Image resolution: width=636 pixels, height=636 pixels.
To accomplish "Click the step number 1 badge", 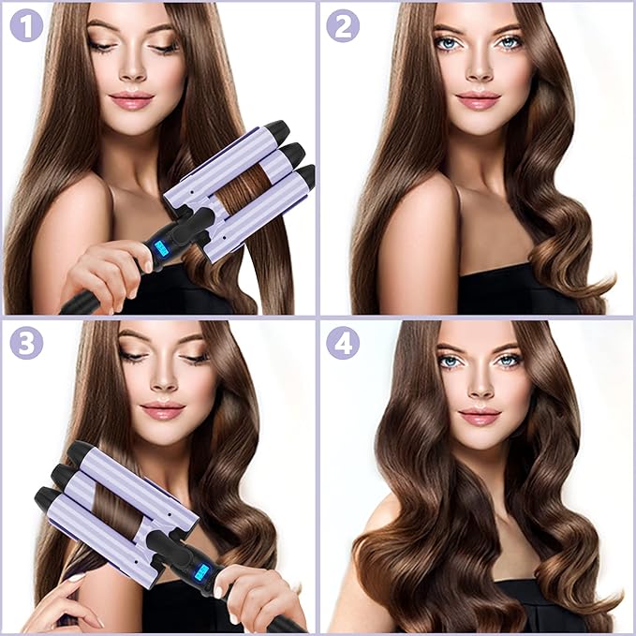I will (x=27, y=25).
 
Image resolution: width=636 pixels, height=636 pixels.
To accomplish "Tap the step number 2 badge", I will (x=343, y=25).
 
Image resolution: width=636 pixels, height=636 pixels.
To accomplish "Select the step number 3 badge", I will (x=27, y=343).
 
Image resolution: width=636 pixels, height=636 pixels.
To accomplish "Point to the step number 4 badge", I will (x=343, y=343).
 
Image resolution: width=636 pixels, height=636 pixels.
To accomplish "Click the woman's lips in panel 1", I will (x=131, y=100).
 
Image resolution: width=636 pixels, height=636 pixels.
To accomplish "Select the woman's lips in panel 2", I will (x=479, y=99).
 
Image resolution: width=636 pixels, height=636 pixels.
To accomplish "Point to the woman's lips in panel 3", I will (x=162, y=410).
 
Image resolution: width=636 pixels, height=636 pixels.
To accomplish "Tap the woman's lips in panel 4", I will (x=480, y=415).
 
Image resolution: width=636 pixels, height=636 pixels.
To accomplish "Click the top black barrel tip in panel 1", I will (x=275, y=130).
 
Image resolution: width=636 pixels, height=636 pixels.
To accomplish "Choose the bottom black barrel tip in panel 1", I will (x=304, y=175).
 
